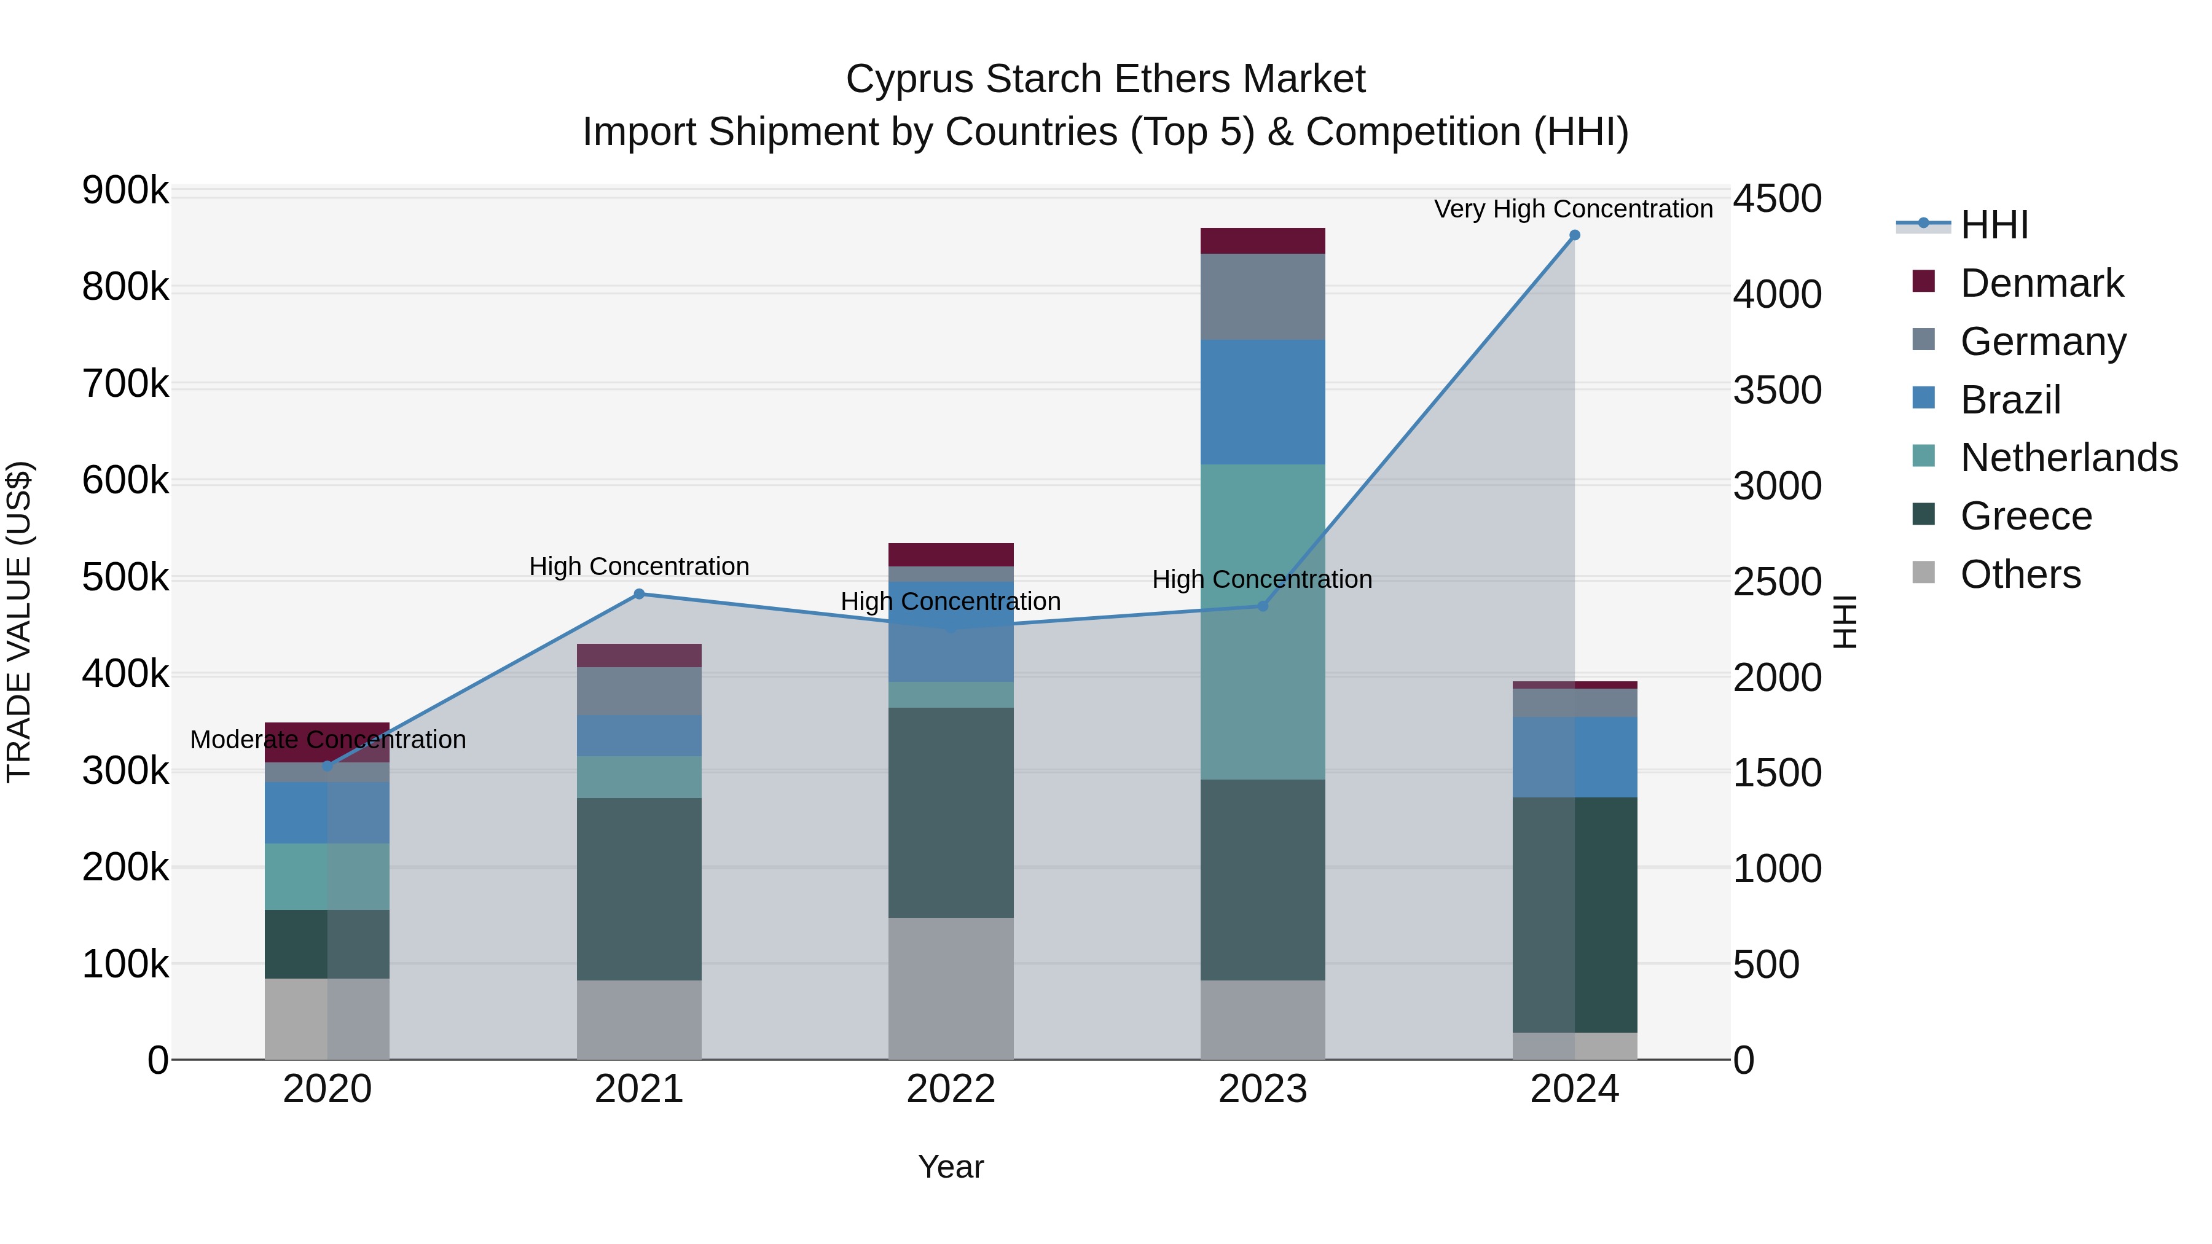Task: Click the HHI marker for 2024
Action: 1574,235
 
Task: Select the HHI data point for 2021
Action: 639,594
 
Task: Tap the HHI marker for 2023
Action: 1262,606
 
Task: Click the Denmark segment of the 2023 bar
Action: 1262,241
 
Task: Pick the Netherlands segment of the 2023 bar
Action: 1262,622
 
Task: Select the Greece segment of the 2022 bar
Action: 951,812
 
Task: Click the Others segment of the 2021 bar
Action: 639,1020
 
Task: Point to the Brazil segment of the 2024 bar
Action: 1574,757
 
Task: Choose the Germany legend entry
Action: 2043,342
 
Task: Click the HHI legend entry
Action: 1994,225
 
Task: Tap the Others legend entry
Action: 2020,574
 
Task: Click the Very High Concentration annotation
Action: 1573,209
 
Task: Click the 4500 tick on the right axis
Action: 1776,199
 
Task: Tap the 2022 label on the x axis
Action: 951,1089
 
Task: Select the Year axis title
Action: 951,1167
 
